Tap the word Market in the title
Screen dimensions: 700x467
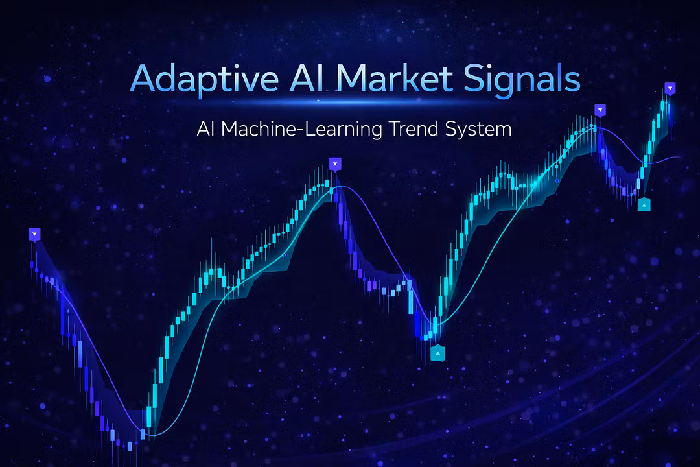coord(395,78)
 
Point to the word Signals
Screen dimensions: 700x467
coord(522,80)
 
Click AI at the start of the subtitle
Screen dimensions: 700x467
coord(206,129)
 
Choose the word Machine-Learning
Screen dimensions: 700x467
coord(302,130)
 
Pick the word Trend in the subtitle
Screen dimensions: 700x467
coord(414,129)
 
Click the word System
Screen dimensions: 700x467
coord(478,130)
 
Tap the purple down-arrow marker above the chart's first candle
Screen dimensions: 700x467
coord(34,234)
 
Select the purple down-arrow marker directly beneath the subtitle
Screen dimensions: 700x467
coord(335,164)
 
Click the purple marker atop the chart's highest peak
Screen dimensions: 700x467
coord(670,88)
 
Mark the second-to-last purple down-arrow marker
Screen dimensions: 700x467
coord(600,110)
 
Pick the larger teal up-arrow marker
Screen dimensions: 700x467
coord(438,353)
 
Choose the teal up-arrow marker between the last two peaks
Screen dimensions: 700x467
coord(644,205)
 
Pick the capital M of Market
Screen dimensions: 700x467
coord(353,78)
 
